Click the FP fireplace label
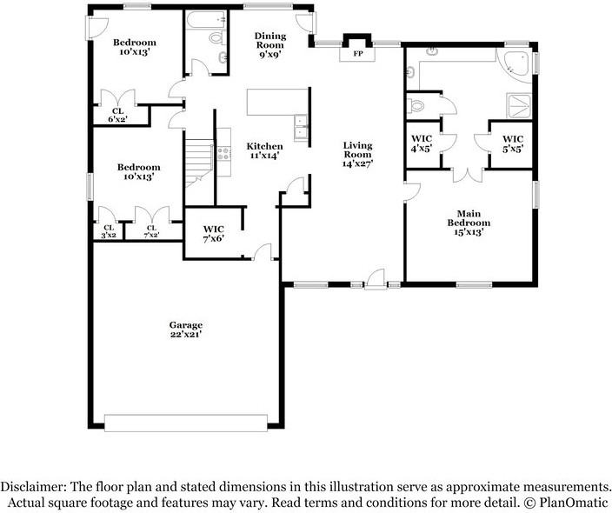[357, 54]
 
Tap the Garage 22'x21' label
[186, 330]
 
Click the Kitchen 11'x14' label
[264, 150]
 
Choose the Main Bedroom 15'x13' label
[469, 223]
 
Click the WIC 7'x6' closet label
[214, 234]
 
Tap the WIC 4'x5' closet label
[422, 143]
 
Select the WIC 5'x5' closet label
[513, 143]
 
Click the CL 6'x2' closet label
[117, 116]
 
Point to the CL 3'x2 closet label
[109, 231]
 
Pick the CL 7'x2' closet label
[151, 231]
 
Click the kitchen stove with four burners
[224, 153]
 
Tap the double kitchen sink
[301, 128]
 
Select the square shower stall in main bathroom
[519, 105]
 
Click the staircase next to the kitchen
[199, 163]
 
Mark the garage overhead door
[186, 423]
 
